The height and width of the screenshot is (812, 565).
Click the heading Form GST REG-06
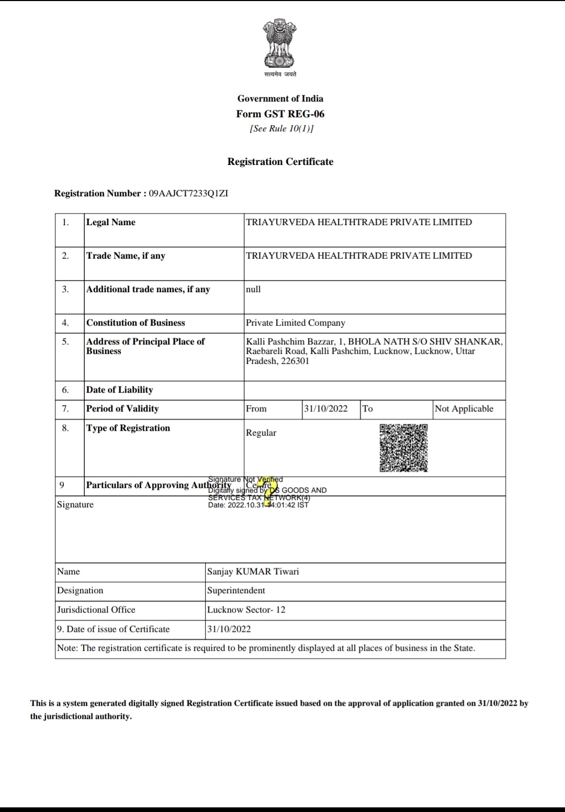[x=280, y=114]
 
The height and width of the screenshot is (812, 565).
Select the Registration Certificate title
[x=280, y=162]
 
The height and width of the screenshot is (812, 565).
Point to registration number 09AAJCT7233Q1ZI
[x=188, y=193]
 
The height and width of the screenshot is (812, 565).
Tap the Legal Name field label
[x=110, y=222]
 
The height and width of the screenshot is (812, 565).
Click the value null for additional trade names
[x=253, y=289]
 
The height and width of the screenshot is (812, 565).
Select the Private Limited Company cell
[x=296, y=322]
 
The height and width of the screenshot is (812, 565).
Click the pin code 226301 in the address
[x=295, y=361]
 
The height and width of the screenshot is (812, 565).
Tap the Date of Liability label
[x=119, y=390]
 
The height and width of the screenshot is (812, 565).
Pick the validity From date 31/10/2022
[x=325, y=408]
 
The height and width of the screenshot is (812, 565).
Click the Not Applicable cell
[x=464, y=408]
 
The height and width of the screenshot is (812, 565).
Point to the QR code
[x=403, y=448]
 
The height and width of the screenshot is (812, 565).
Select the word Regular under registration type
[x=261, y=432]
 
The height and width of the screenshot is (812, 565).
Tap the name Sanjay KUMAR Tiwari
[x=253, y=571]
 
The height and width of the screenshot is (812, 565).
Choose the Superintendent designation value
[x=236, y=590]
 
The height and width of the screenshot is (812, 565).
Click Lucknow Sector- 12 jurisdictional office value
[x=246, y=609]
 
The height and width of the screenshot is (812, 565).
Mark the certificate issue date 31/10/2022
[x=229, y=629]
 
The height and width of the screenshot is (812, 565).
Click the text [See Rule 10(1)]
[x=281, y=128]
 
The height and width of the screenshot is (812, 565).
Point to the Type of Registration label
[x=128, y=428]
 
